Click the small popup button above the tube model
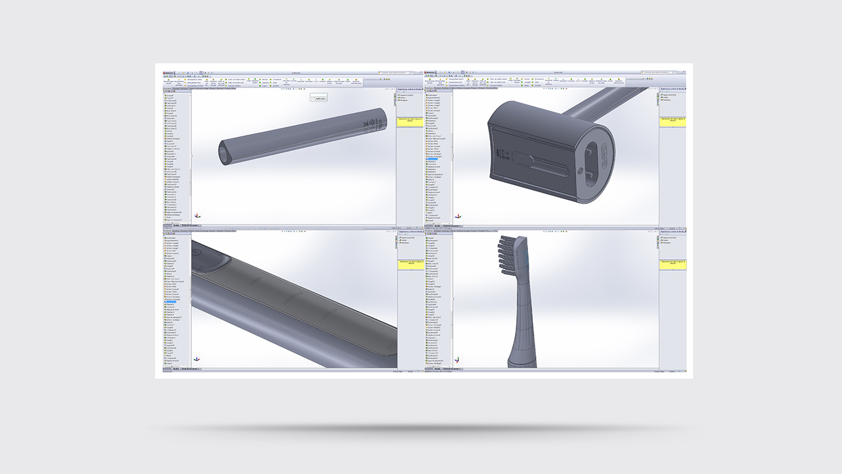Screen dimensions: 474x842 point(319,98)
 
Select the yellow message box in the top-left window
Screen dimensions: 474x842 point(410,120)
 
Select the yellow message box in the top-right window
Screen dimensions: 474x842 point(672,121)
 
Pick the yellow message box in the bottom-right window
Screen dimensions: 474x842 point(672,263)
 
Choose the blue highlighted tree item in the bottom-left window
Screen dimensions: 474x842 point(171,301)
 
